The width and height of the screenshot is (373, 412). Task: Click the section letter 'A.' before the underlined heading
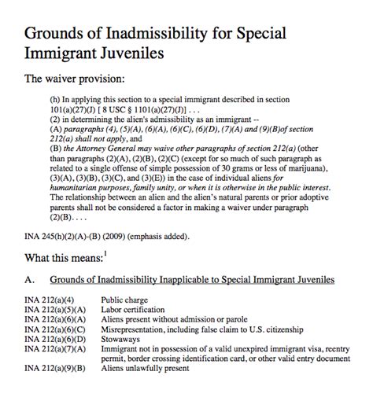pyautogui.click(x=30, y=279)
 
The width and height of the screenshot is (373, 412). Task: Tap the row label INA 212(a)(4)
pyautogui.click(x=50, y=300)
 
